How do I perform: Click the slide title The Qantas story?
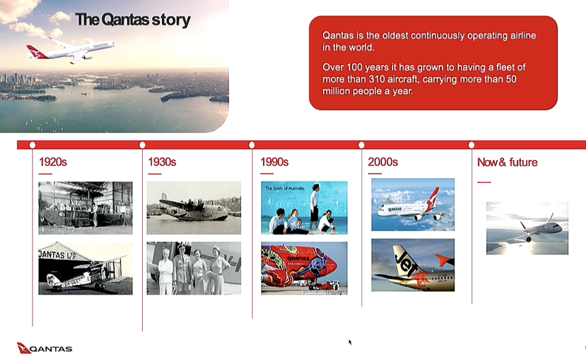[133, 20]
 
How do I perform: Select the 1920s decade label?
[52, 162]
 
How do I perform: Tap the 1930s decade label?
[161, 162]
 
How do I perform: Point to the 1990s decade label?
[274, 162]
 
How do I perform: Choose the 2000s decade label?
[383, 162]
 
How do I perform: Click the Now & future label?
[507, 162]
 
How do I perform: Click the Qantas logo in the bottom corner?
[45, 348]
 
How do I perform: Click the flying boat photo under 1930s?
[193, 207]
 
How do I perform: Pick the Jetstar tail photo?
[413, 264]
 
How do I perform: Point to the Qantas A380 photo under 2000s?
[413, 205]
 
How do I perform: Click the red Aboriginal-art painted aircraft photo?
[304, 268]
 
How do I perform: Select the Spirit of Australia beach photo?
[304, 207]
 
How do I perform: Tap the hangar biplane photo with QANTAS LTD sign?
[85, 268]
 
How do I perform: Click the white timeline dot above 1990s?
[252, 145]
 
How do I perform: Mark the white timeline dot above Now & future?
[471, 145]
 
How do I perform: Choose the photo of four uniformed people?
[193, 268]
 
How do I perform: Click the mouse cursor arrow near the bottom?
[349, 342]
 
